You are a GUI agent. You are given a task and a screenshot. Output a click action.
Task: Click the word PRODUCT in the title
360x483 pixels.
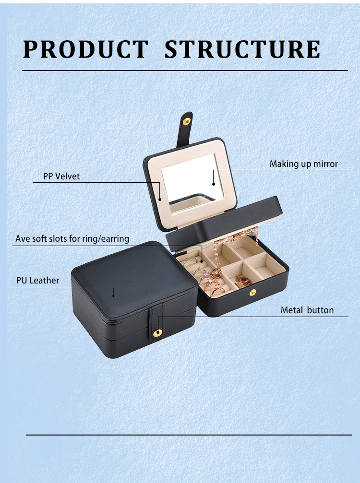(86, 49)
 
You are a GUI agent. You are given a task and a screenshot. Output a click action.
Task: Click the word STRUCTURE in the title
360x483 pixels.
(242, 49)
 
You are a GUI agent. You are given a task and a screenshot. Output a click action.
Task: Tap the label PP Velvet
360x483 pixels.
(61, 176)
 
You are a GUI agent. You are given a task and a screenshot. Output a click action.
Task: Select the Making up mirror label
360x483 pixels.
(303, 164)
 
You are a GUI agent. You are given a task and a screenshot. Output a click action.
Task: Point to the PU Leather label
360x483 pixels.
(38, 280)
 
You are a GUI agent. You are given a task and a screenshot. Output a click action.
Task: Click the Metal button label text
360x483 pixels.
(307, 310)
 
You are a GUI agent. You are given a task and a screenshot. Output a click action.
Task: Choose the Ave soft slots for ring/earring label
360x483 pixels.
(72, 238)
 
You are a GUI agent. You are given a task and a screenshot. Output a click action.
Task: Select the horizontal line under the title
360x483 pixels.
(185, 71)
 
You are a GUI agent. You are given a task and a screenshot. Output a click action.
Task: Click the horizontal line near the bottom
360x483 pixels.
(188, 435)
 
